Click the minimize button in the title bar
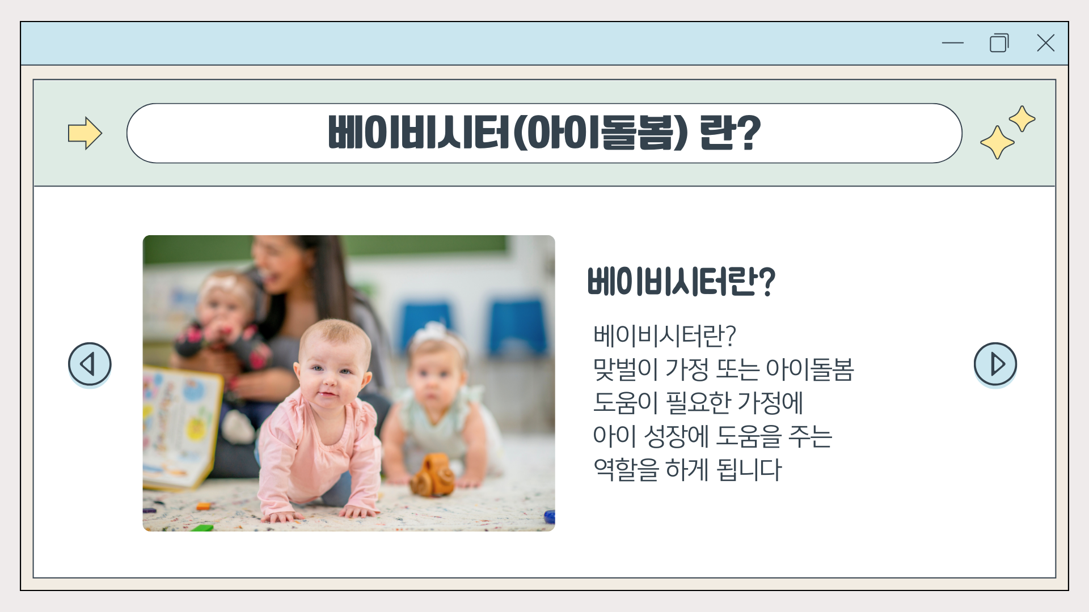click(x=953, y=42)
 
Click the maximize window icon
click(x=999, y=43)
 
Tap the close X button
click(x=1045, y=42)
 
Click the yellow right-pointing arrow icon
click(x=85, y=133)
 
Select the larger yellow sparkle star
click(x=997, y=142)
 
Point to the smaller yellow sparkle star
click(x=1022, y=118)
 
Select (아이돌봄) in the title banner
click(x=600, y=133)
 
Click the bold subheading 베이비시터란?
click(x=681, y=282)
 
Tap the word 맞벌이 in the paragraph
click(x=625, y=369)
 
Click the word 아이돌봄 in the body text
click(x=809, y=369)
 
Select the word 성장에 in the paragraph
click(x=677, y=436)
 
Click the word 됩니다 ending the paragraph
click(x=749, y=469)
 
